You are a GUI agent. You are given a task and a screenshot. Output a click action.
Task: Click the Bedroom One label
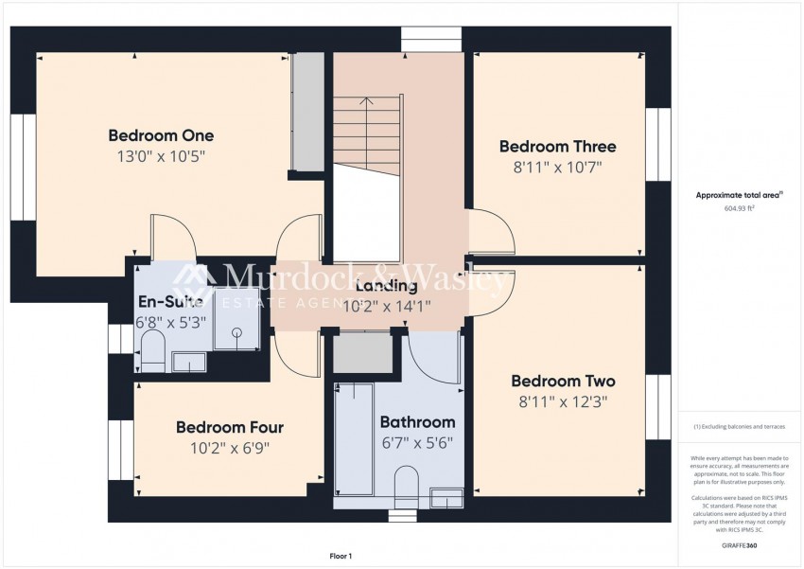(x=161, y=134)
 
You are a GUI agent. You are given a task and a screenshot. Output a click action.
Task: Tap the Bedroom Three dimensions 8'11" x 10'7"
(x=557, y=168)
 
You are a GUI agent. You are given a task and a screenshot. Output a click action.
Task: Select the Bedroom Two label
(x=563, y=381)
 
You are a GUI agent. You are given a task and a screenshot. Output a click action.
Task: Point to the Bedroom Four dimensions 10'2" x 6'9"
(x=230, y=449)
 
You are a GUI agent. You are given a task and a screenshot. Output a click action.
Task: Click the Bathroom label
(x=417, y=422)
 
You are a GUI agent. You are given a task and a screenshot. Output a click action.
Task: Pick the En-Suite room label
(x=170, y=302)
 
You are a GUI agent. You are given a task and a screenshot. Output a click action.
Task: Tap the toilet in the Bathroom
(x=406, y=483)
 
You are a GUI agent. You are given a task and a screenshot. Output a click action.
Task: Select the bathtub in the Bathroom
(x=355, y=437)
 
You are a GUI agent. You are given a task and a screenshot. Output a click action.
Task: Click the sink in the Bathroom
(x=446, y=495)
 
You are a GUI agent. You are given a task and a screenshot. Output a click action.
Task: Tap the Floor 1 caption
(x=341, y=557)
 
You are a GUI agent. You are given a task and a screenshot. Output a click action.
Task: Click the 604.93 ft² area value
(x=740, y=208)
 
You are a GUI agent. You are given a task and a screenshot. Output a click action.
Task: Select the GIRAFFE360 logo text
(x=740, y=545)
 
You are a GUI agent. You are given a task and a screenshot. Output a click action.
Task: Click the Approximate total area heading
(x=739, y=195)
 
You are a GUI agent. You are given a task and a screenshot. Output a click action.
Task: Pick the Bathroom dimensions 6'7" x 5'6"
(x=417, y=442)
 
